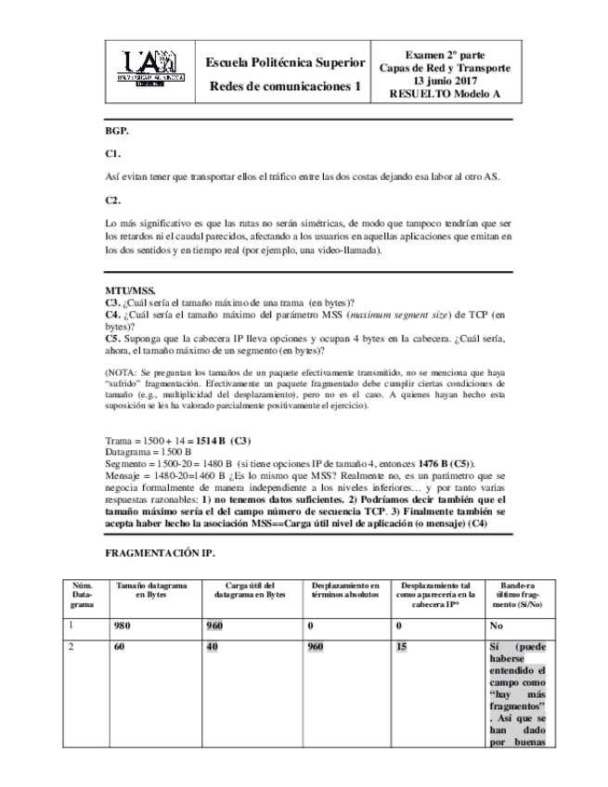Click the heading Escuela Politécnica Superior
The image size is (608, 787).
285,62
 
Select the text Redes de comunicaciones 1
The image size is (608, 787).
284,86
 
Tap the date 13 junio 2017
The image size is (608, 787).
445,81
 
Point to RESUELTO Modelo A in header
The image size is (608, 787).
445,94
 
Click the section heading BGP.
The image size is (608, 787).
116,132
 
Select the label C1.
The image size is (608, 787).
113,154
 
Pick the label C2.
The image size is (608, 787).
113,200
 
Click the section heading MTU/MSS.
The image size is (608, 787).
129,290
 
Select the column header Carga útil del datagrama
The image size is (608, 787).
250,590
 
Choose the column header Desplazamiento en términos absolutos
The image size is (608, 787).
345,590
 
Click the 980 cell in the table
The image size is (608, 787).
121,626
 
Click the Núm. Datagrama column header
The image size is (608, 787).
83,595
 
